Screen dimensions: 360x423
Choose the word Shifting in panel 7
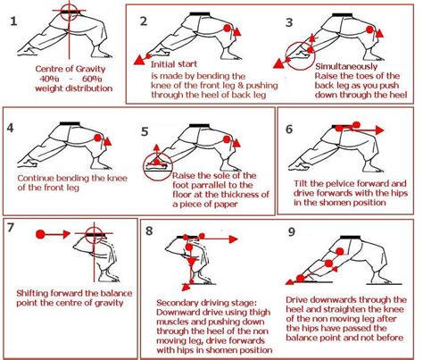(37, 291)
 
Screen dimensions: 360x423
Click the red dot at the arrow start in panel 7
(38, 232)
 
